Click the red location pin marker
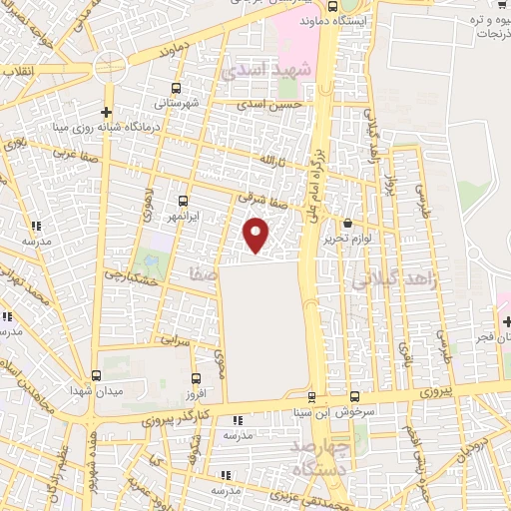[257, 235]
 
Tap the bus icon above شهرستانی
[178, 88]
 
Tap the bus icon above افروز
[195, 379]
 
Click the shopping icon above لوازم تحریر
[347, 224]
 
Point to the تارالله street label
[273, 161]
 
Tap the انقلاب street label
[15, 71]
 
